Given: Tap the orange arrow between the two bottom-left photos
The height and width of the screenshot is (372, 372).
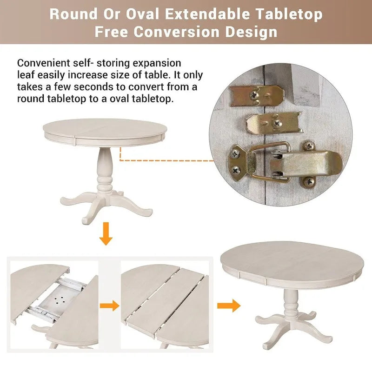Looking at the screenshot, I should click(109, 306).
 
